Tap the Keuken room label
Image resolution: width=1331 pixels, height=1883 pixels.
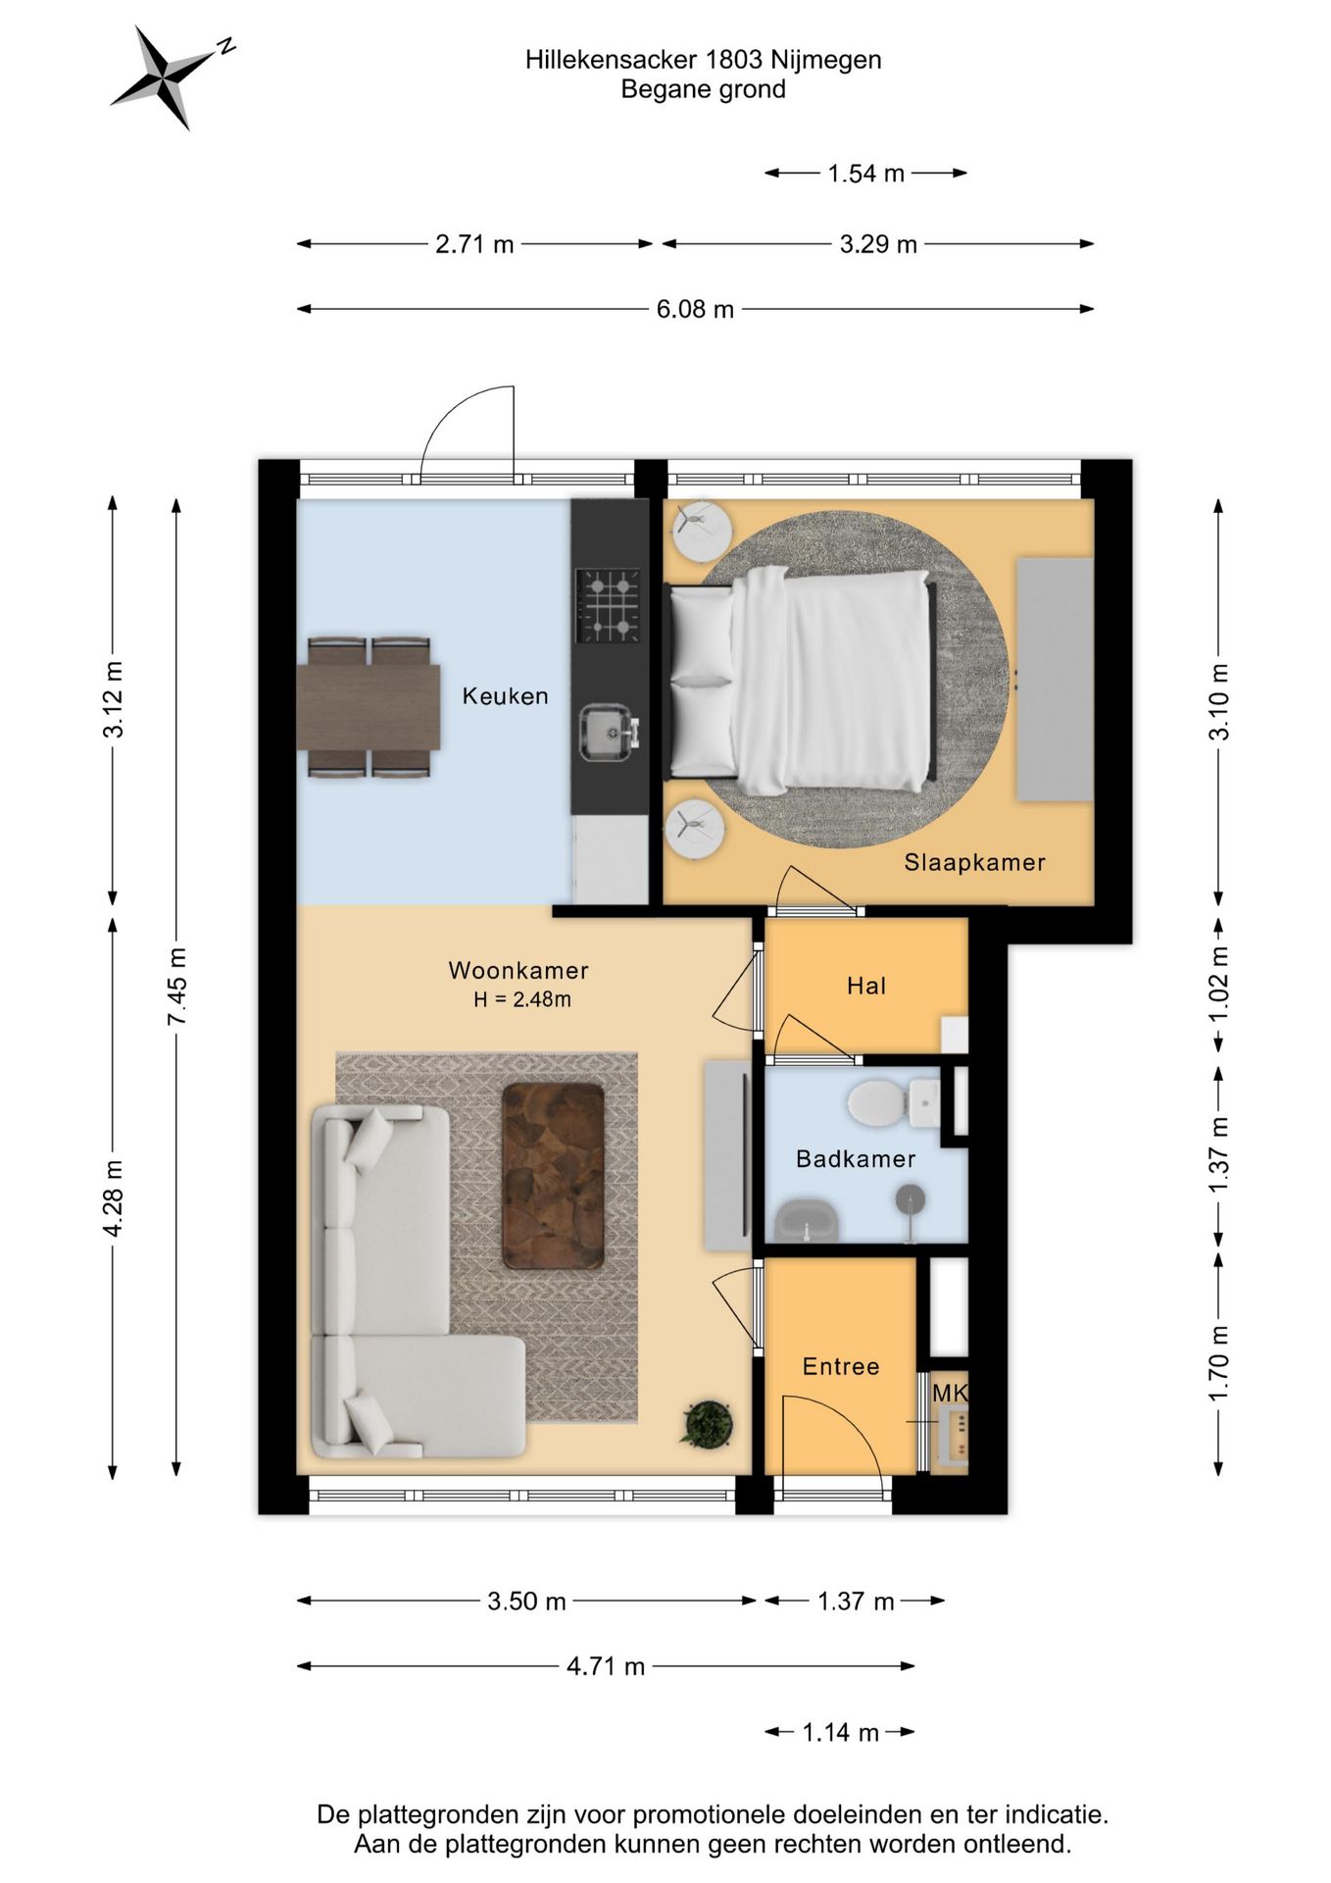coord(505,696)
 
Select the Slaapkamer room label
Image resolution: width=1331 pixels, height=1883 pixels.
coord(974,862)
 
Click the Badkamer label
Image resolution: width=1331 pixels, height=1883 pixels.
coord(856,1159)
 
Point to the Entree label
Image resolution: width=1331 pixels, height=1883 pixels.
coord(841,1366)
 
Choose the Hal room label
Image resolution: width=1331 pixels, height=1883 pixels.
coord(866,986)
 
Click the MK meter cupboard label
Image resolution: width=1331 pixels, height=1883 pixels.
coord(950,1393)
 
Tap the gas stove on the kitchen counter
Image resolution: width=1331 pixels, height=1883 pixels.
coord(609,605)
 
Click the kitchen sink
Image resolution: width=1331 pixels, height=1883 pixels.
coord(609,733)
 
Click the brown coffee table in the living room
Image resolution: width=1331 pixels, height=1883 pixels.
coord(554,1176)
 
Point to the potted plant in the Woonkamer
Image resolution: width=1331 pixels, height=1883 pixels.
coord(707,1424)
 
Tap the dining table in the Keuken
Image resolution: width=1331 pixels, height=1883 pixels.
coord(369,707)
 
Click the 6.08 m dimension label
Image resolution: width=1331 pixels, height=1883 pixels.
coord(695,310)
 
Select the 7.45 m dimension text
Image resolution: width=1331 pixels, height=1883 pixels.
coord(176,987)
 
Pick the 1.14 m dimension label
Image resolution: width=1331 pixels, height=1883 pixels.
coord(840,1732)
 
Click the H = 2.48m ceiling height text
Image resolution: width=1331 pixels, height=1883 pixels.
coord(522,999)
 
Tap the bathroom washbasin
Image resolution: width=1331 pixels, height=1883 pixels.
coord(807,1221)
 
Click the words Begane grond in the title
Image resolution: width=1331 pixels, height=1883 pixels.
coord(703,90)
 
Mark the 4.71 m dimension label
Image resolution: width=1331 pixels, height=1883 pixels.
coord(606,1666)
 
